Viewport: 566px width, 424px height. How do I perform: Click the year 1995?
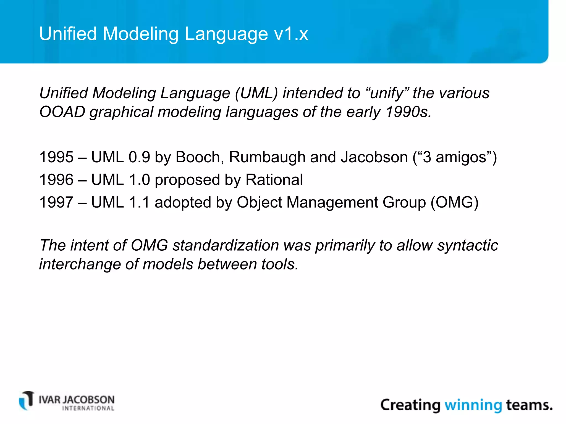(56, 157)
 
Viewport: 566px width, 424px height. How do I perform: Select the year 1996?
(56, 180)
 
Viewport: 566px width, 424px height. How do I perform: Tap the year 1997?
(56, 202)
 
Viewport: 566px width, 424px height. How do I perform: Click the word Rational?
(274, 180)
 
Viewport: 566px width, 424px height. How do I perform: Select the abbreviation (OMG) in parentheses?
(454, 202)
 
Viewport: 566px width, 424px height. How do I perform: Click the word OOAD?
(62, 112)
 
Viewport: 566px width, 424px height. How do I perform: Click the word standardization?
(226, 245)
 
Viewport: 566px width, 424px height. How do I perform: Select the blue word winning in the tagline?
(473, 405)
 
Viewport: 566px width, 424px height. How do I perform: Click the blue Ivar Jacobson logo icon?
(27, 401)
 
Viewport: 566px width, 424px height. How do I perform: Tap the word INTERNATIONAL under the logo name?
(88, 409)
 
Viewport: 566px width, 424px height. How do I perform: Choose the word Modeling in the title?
(141, 34)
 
